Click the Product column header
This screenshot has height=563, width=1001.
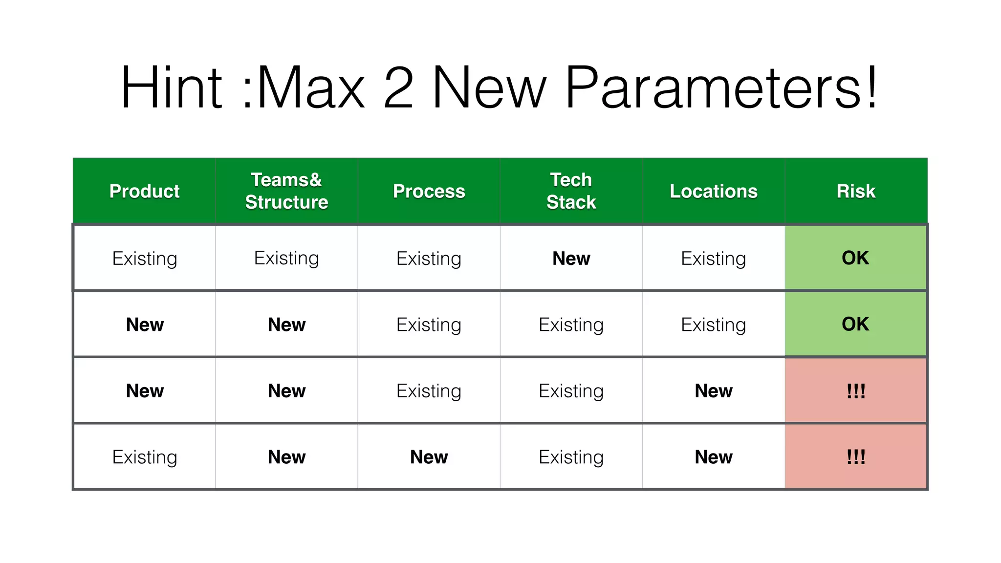click(x=144, y=191)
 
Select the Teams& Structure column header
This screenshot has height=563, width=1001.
click(x=286, y=191)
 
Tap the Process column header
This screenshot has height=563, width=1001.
click(x=429, y=191)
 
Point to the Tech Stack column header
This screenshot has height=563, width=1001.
click(x=571, y=191)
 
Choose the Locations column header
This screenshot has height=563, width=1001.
click(x=713, y=191)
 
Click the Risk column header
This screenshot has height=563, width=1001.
click(x=856, y=191)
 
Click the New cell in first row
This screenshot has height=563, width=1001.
click(x=571, y=258)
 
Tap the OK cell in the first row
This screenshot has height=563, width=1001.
click(x=855, y=258)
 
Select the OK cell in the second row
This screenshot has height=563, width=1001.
click(x=855, y=324)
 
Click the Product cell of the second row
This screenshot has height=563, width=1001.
click(x=144, y=325)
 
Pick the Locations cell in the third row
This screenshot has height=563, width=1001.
click(x=713, y=390)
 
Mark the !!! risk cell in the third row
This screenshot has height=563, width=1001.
click(x=856, y=390)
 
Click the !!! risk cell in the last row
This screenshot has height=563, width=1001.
click(x=856, y=457)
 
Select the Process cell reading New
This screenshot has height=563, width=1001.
click(x=429, y=457)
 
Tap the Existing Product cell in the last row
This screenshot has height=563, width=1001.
click(x=144, y=457)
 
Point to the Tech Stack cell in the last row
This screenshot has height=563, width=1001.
click(x=571, y=457)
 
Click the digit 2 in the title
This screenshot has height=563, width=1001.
click(x=398, y=88)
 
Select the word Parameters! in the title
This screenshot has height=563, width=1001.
click(x=721, y=88)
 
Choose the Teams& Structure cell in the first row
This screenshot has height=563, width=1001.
click(x=286, y=258)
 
